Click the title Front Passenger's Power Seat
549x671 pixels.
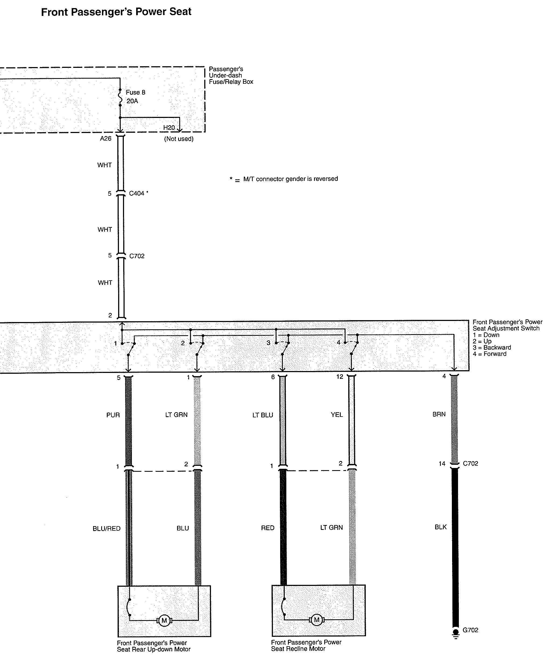point(116,12)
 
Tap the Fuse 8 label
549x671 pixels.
point(135,92)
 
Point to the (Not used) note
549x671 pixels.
point(179,139)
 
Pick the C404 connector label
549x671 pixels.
point(137,193)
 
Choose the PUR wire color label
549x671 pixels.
point(113,415)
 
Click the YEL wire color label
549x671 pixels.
point(337,415)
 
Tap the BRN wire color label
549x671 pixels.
point(439,414)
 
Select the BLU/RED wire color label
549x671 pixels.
point(107,529)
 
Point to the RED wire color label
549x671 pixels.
point(268,528)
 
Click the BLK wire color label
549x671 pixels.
point(441,527)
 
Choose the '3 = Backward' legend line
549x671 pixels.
point(492,347)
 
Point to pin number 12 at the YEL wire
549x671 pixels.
point(340,377)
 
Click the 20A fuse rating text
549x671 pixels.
point(132,101)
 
